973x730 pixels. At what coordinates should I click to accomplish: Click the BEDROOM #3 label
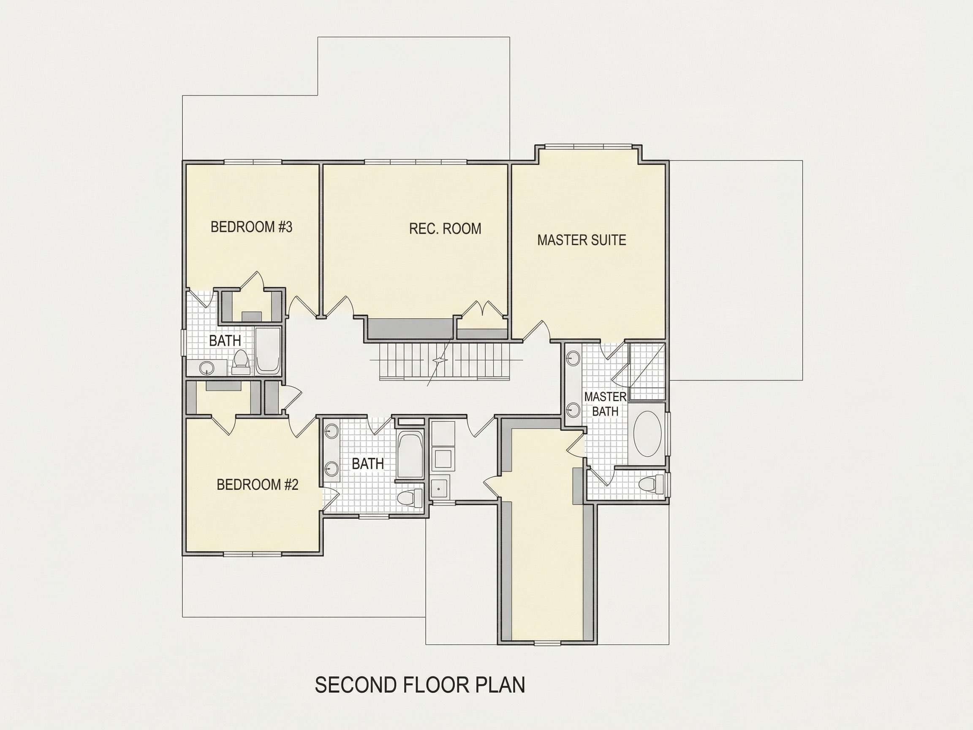click(x=251, y=227)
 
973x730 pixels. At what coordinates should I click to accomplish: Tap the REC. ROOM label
click(x=445, y=229)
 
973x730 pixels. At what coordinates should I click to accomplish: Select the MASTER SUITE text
click(x=582, y=240)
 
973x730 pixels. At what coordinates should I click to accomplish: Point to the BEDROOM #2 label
click(x=257, y=485)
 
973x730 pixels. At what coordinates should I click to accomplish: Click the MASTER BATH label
click(x=605, y=404)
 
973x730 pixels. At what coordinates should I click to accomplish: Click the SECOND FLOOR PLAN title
click(x=420, y=685)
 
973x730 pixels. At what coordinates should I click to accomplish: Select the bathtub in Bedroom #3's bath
click(x=268, y=351)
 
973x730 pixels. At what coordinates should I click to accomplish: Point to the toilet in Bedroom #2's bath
click(x=409, y=497)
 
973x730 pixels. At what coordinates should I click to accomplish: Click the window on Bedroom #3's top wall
click(x=253, y=161)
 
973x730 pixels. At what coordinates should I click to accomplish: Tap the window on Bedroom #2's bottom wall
click(x=253, y=553)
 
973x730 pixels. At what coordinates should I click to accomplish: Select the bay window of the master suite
click(x=588, y=146)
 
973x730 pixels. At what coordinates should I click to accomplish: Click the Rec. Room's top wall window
click(x=416, y=161)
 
